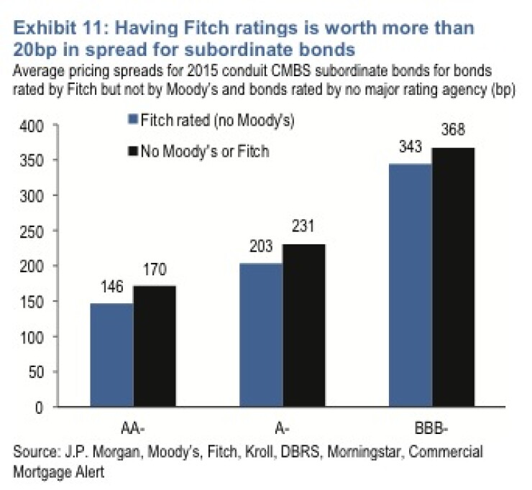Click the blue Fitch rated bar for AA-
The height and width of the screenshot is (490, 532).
pyautogui.click(x=112, y=355)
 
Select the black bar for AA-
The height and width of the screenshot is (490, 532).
pyautogui.click(x=155, y=346)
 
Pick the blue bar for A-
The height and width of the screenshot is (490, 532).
pyautogui.click(x=261, y=335)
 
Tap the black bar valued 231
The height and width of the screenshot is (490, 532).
pyautogui.click(x=304, y=325)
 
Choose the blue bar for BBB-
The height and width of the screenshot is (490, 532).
pyautogui.click(x=411, y=285)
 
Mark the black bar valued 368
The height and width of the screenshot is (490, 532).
pyautogui.click(x=454, y=277)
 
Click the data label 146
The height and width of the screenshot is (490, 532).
pyautogui.click(x=112, y=287)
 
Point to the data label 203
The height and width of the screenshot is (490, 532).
pyautogui.click(x=261, y=246)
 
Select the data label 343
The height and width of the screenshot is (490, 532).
pyautogui.click(x=411, y=147)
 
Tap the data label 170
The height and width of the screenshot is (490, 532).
pyautogui.click(x=155, y=269)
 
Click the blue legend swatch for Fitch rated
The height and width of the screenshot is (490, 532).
pyautogui.click(x=133, y=119)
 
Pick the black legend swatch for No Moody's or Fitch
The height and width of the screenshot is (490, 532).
pyautogui.click(x=133, y=151)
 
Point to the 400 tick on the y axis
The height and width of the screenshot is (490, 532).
pyautogui.click(x=32, y=126)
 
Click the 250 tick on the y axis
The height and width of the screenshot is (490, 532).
pyautogui.click(x=32, y=232)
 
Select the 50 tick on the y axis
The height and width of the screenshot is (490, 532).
pyautogui.click(x=36, y=372)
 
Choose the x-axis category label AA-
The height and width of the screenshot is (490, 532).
pyautogui.click(x=133, y=429)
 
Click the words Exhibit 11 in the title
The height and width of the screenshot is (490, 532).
pyautogui.click(x=58, y=28)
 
